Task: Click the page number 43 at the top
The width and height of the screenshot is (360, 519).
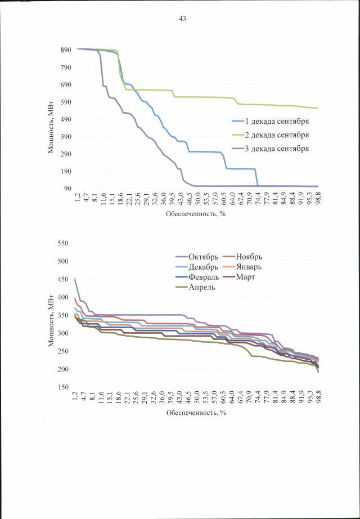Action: (182, 19)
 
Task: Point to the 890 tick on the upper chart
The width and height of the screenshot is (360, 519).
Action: (65, 50)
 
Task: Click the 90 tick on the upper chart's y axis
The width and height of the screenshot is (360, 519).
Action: (66, 189)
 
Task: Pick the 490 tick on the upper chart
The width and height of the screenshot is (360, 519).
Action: (65, 119)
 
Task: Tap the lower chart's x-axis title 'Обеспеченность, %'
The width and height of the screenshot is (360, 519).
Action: (196, 413)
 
